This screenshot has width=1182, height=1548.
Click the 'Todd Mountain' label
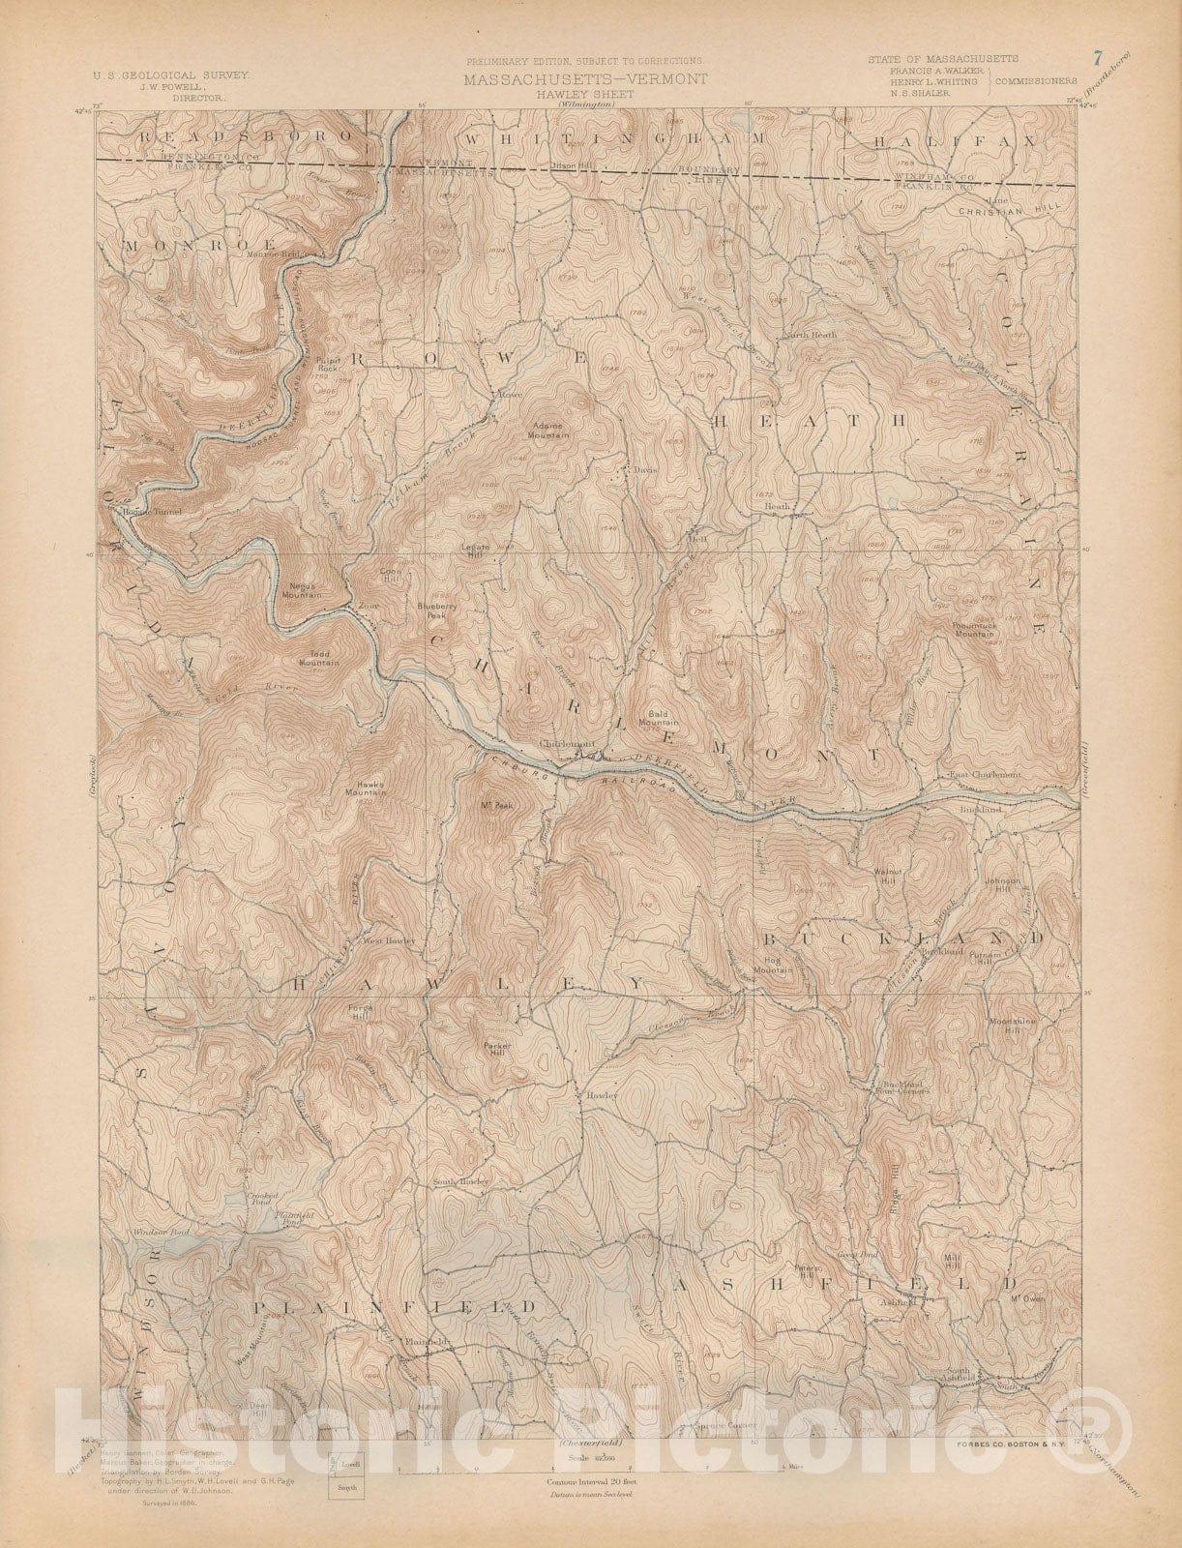[x=318, y=658]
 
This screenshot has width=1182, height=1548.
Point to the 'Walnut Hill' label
[x=887, y=873]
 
